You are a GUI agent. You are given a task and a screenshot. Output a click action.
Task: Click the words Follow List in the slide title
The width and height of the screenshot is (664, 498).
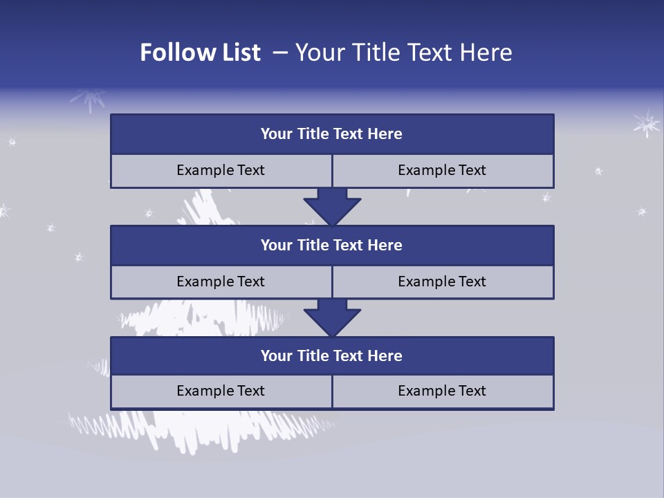pos(200,53)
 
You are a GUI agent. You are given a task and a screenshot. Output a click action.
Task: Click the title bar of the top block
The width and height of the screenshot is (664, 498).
pos(332,134)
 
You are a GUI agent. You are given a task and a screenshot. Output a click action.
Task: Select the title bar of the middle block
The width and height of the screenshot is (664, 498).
pos(332,245)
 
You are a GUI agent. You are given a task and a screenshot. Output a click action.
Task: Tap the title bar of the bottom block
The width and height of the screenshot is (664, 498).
pos(332,356)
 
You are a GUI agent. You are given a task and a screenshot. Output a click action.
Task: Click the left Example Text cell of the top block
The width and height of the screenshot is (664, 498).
pos(221,170)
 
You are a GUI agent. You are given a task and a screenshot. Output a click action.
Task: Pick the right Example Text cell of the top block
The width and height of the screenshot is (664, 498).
pos(443,170)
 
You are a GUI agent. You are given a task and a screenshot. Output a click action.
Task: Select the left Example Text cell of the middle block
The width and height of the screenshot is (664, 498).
pos(221,282)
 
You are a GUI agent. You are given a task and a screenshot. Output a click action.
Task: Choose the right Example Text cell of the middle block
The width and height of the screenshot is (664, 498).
pos(443,282)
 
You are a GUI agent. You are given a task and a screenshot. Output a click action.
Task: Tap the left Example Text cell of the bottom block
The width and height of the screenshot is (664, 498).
pos(221,391)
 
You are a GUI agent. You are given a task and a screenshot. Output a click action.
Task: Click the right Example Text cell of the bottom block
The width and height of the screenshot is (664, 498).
pos(443,391)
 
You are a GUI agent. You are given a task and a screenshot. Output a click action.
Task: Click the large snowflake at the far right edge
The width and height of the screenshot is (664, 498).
pos(647,124)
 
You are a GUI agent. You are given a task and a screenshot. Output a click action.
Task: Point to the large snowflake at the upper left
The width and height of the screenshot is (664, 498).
pos(88,101)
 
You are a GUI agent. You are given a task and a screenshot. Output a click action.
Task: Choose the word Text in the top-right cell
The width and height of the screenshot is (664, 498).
pos(470,170)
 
